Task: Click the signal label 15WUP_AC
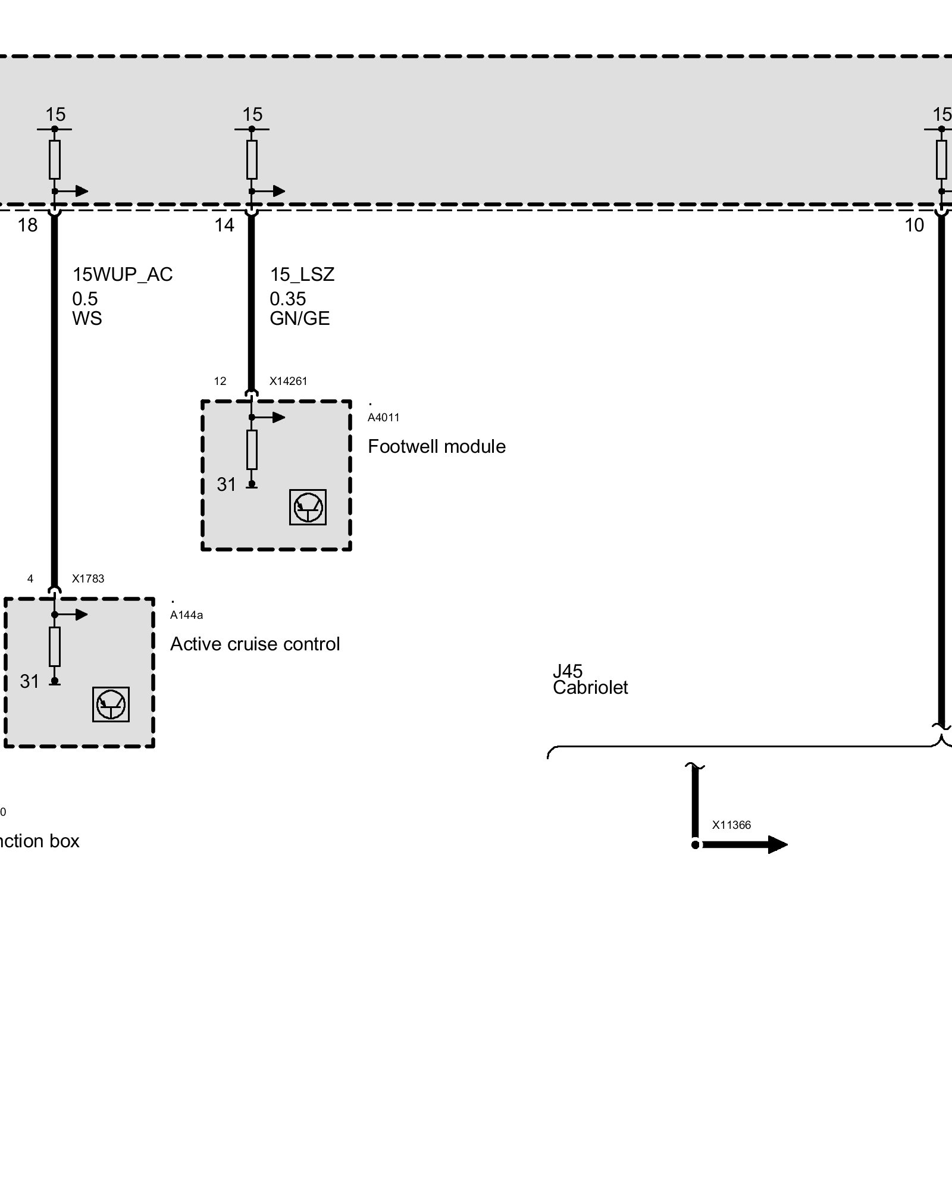coord(123,274)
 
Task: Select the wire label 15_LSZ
coord(302,274)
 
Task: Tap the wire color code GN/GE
coord(300,318)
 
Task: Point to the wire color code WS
coord(87,318)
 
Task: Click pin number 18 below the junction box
coord(27,225)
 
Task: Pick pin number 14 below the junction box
coord(224,225)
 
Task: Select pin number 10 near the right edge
coord(914,225)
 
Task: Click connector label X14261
coord(289,381)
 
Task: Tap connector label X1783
coord(88,578)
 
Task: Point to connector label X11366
coord(731,825)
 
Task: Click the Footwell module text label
coord(437,446)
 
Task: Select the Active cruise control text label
coord(255,644)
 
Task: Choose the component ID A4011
coord(384,417)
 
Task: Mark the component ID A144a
coord(186,615)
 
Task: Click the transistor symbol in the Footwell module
coord(308,507)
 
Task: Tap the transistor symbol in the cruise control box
coord(111,704)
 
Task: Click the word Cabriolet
coord(590,688)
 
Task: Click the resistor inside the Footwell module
coord(252,450)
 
